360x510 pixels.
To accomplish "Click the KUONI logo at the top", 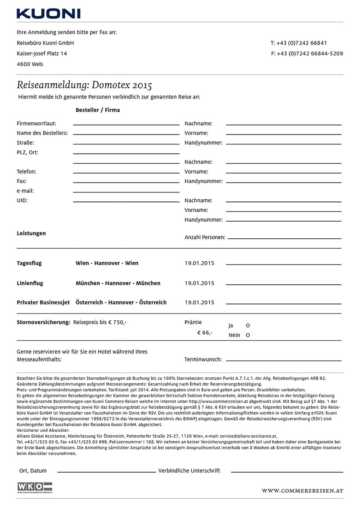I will tap(49, 13).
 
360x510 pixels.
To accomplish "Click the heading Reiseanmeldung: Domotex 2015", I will tap(84, 85).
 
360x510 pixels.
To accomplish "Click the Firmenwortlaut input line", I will tap(126, 125).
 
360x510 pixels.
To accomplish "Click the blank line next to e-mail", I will tap(126, 192).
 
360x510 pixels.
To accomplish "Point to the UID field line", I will tap(126, 202).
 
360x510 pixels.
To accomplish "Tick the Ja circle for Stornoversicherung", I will tap(248, 325).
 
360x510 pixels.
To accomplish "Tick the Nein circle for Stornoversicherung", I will tap(248, 335).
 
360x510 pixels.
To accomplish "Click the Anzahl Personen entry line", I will tap(283, 238).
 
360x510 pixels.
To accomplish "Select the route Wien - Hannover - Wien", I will tap(107, 263).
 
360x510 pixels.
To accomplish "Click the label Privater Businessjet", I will tap(43, 303).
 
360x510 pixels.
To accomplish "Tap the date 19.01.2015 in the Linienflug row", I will tap(199, 283).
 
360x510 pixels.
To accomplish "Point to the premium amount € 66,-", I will tap(205, 333).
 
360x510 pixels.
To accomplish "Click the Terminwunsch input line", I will tap(283, 360).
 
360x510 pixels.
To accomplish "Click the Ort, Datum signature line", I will tap(106, 472).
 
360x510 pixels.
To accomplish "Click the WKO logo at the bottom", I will tap(35, 488).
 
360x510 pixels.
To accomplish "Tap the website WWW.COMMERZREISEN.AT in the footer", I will tap(302, 491).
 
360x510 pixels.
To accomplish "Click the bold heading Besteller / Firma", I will tap(98, 110).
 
